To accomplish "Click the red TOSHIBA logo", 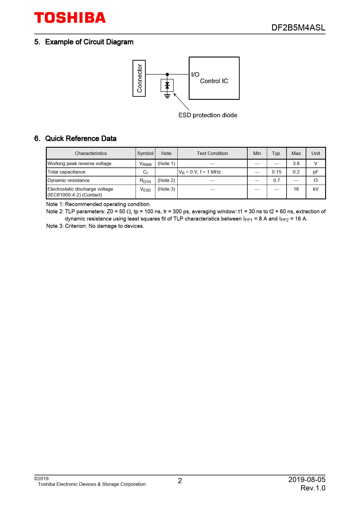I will [x=70, y=18].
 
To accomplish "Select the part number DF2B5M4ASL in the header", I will [x=298, y=28].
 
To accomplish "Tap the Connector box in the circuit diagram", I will [x=139, y=78].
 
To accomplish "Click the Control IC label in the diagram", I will [x=214, y=81].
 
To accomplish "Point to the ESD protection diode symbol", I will [x=167, y=85].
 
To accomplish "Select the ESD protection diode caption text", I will [x=208, y=115].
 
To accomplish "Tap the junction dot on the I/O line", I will [x=167, y=75].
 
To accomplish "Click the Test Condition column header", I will [x=212, y=153].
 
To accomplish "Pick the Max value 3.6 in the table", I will [x=296, y=163].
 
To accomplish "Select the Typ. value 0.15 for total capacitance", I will [x=276, y=172].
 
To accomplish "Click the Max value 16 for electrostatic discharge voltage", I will [x=296, y=189].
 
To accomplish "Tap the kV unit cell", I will [x=316, y=189].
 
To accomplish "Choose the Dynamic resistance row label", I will [x=69, y=180].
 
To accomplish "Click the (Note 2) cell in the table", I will [x=166, y=180].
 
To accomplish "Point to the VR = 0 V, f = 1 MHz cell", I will [x=200, y=172].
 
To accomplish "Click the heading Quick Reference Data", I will [x=81, y=138].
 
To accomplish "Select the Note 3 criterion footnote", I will [x=95, y=226].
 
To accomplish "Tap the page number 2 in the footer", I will [x=180, y=481].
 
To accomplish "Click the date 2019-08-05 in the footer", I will [x=307, y=479].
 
